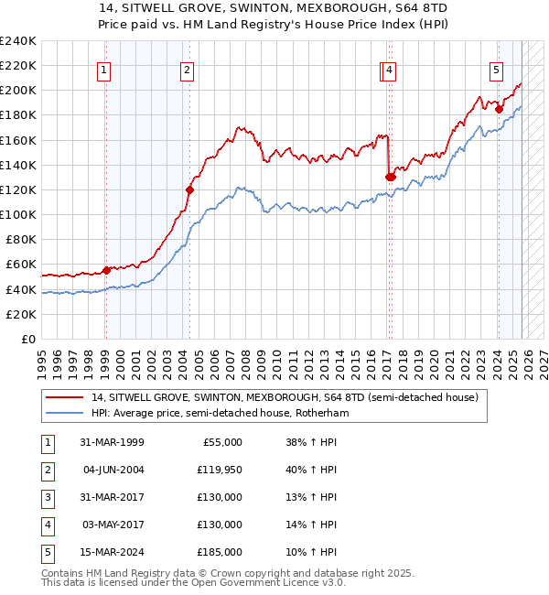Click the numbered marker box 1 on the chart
[104, 70]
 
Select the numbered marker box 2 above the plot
[187, 70]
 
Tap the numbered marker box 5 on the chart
[496, 70]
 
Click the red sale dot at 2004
[189, 190]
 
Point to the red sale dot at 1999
[106, 270]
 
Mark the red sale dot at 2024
[499, 109]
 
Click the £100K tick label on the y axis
[17, 214]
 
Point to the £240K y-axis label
[17, 40]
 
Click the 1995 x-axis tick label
[41, 357]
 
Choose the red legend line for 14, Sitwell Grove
[66, 397]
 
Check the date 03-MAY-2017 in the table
[111, 525]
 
